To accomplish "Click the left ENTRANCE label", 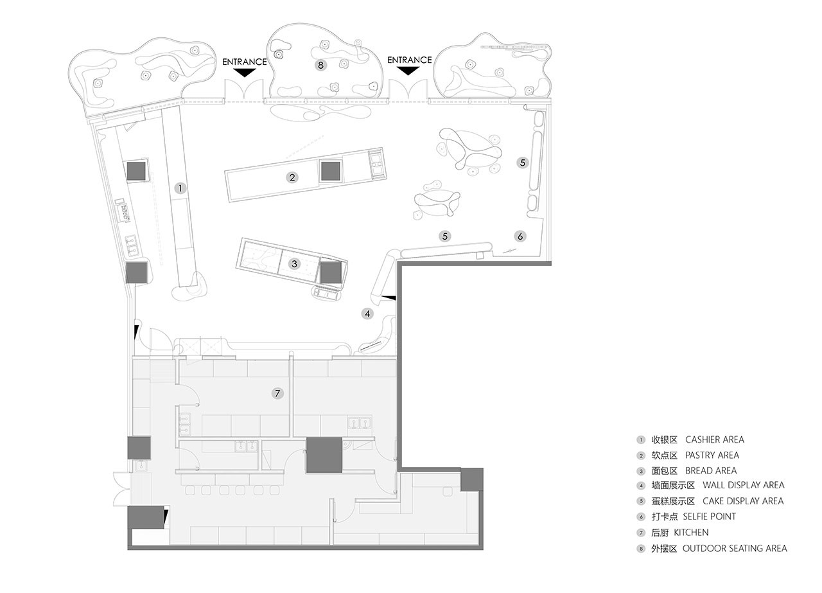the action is point(245,62).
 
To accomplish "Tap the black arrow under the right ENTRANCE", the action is point(408,71).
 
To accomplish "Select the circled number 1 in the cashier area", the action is point(180,188).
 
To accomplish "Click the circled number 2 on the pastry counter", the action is point(292,178).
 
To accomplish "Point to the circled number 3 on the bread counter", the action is point(294,263).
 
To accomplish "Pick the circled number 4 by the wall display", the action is point(367,314).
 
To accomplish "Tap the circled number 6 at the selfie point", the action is point(520,236).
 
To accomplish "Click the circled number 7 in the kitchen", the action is point(277,393).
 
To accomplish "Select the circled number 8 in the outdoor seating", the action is point(320,66).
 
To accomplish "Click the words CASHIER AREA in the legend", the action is point(715,439).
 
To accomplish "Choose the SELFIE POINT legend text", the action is point(709,517).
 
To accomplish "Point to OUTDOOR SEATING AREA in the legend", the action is point(735,548).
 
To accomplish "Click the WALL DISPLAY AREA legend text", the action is point(744,485).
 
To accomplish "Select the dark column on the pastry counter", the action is point(331,171).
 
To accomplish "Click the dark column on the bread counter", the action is point(331,272).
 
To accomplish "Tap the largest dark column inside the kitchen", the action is point(324,455).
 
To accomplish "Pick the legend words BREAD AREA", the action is point(711,470).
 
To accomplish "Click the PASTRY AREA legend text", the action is point(712,455).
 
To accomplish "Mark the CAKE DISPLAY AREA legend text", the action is point(743,501).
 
